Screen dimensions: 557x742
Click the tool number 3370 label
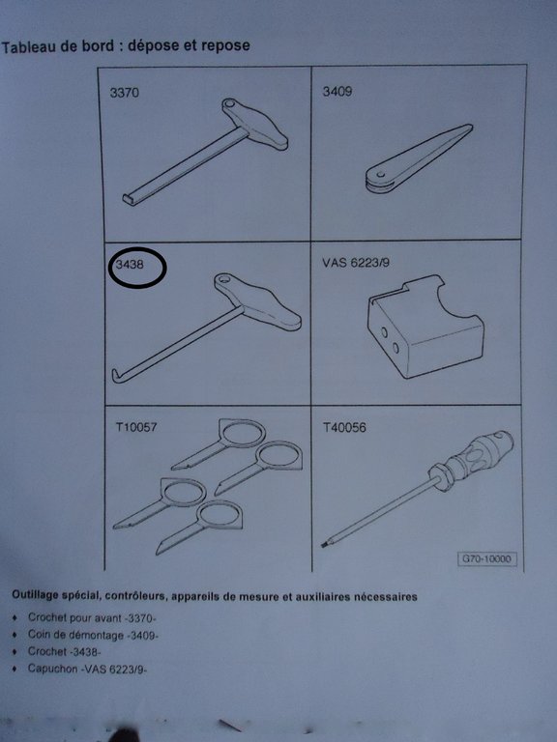[125, 92]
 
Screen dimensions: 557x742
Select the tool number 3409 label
[337, 91]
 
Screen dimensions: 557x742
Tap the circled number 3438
[130, 265]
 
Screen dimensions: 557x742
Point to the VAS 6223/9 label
[356, 262]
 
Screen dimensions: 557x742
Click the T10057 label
[136, 427]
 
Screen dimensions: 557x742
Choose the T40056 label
[344, 428]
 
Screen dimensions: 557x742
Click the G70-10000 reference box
[486, 558]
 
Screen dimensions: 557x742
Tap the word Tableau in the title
[28, 47]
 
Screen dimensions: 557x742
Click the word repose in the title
[225, 46]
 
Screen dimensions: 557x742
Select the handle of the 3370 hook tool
[255, 123]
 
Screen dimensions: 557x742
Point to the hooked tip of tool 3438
[115, 375]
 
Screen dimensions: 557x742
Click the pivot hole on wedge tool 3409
[380, 175]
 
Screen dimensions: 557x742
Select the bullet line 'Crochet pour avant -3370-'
[92, 617]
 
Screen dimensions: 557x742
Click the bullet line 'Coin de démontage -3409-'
[93, 635]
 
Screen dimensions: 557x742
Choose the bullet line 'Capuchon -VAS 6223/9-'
[87, 669]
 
